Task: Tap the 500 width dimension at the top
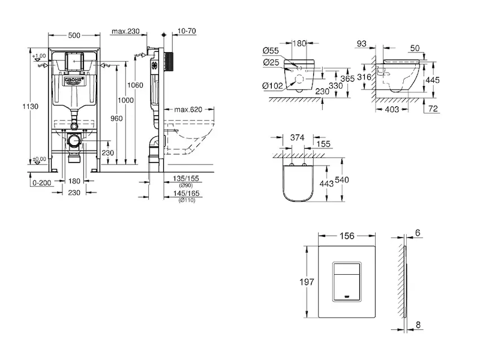74,35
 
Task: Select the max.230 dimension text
125,31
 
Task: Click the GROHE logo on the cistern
73,79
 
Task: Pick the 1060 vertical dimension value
136,85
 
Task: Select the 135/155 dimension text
186,178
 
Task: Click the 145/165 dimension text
186,193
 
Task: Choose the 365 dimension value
331,79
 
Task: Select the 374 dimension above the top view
298,137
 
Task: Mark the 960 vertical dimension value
116,118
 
